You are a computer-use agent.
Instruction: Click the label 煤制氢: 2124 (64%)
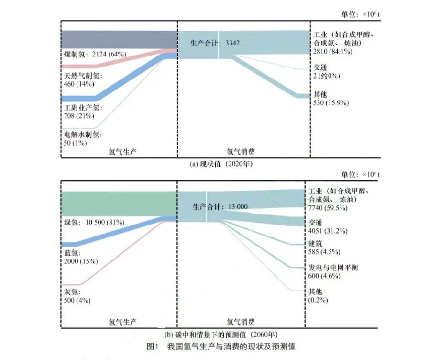(94, 54)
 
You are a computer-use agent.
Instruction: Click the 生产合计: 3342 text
(215, 43)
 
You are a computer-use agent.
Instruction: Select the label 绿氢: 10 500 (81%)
(94, 222)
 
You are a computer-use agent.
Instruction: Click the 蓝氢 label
(72, 253)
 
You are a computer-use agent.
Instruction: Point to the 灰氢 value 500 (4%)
(77, 300)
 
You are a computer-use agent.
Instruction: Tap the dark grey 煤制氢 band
(119, 39)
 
